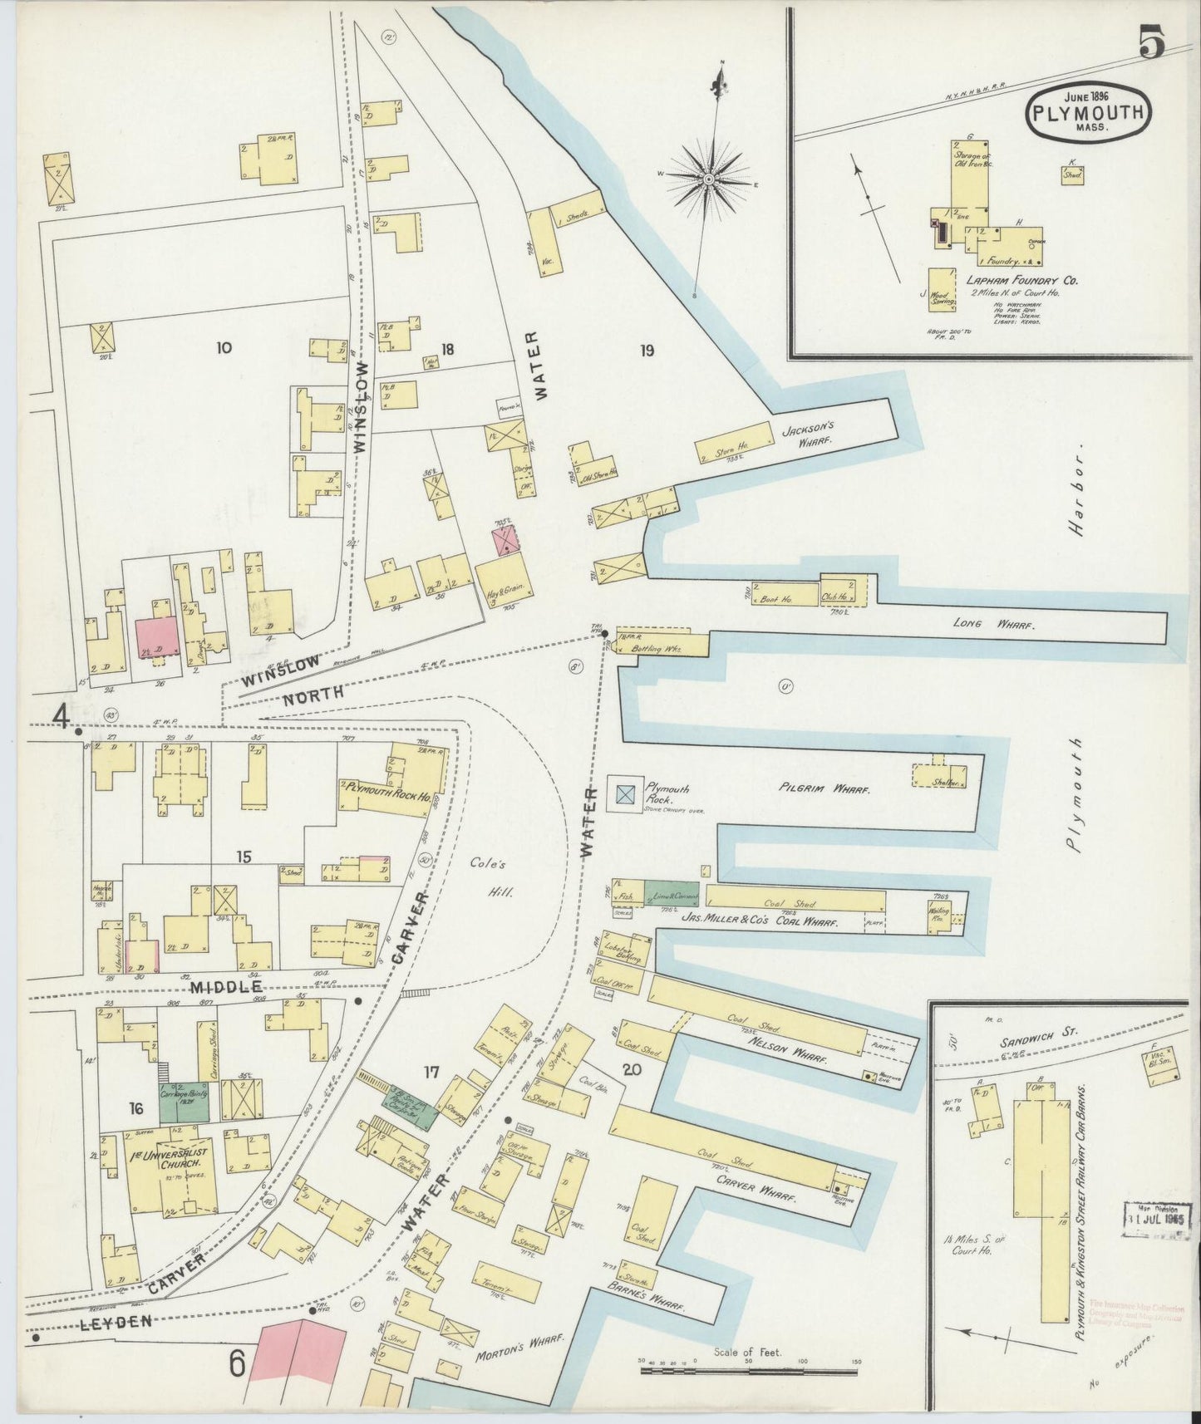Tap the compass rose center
(x=709, y=179)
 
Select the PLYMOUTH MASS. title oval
(x=1088, y=111)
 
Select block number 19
(x=647, y=351)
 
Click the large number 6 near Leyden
(x=237, y=1364)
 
